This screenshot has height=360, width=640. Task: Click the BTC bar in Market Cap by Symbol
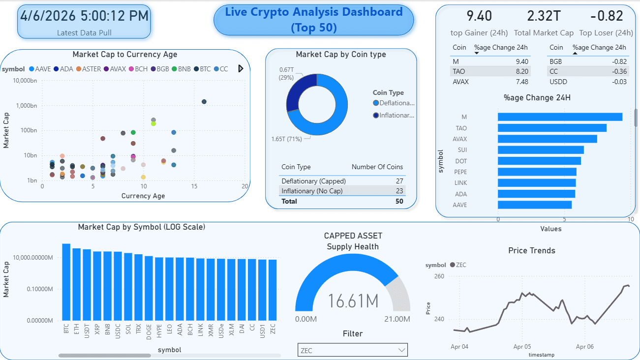66,282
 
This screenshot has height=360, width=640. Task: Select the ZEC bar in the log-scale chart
273,290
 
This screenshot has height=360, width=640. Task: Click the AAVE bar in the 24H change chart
534,205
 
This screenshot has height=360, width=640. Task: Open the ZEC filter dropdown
353,350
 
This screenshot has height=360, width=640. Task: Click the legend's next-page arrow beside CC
241,69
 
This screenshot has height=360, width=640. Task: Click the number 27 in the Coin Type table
399,181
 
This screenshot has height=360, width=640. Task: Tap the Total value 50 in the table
399,201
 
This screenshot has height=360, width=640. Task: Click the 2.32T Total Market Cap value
544,16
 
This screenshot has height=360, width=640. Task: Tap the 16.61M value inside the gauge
353,300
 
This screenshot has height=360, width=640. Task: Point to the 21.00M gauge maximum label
397,319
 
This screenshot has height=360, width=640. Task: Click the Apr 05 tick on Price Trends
522,347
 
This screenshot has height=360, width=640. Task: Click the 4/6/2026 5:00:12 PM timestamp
84,16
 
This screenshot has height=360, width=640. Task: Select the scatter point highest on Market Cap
204,102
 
